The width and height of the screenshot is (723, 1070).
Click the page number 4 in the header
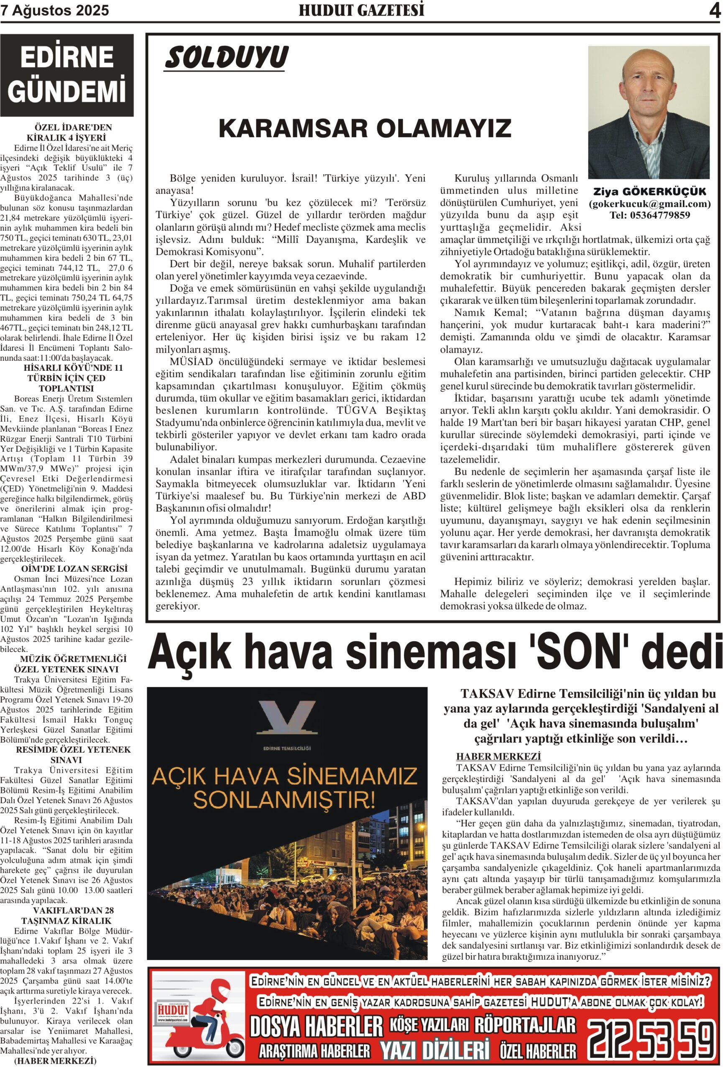[714, 10]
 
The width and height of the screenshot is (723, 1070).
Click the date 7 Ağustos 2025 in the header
[55, 10]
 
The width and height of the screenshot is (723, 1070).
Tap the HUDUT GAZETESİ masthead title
[361, 10]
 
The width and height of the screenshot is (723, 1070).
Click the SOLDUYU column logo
[226, 58]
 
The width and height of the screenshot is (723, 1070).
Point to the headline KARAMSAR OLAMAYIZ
[365, 128]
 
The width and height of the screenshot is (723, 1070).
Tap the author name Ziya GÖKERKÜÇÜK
[649, 191]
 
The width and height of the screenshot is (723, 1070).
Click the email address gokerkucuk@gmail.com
[649, 204]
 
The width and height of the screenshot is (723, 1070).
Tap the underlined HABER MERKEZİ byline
[498, 756]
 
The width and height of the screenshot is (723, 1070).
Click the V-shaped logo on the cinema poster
[286, 717]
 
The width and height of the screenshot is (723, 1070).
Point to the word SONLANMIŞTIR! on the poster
[284, 800]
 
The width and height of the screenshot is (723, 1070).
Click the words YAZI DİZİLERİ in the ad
[434, 1050]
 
